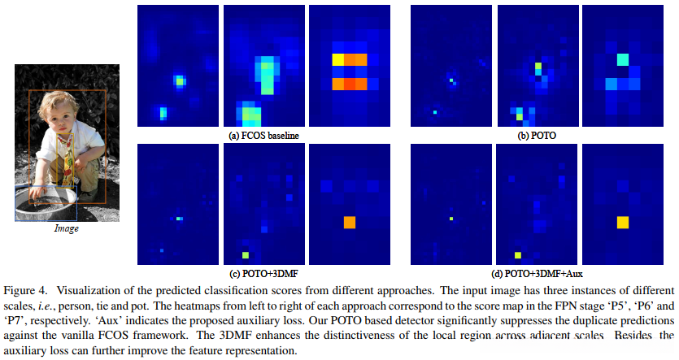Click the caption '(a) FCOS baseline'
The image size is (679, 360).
[263, 134]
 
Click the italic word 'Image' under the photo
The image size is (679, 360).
[66, 229]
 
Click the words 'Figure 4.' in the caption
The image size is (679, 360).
[24, 291]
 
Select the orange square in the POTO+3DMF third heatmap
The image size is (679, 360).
[350, 222]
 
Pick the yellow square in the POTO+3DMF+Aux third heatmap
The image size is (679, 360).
[623, 222]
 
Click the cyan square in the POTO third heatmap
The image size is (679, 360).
[622, 60]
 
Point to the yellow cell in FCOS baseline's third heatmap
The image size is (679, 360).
[337, 59]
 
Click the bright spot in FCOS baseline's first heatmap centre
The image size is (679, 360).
[179, 80]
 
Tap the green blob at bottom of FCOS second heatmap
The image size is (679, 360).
[250, 113]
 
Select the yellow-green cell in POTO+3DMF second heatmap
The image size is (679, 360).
[245, 254]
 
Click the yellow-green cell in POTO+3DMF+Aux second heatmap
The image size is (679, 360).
[517, 254]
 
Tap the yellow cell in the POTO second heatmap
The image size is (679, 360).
[538, 65]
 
